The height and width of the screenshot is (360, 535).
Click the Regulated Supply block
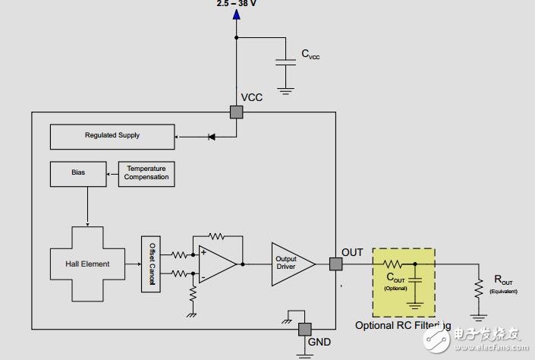click(x=112, y=137)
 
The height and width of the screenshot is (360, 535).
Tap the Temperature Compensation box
click(x=146, y=174)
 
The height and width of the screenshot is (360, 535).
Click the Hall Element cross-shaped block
click(x=87, y=264)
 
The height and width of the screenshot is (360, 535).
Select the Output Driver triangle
click(x=292, y=264)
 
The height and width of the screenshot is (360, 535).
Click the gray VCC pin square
click(x=236, y=112)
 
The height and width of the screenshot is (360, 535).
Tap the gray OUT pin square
click(x=335, y=264)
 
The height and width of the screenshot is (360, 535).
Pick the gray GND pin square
click(x=304, y=330)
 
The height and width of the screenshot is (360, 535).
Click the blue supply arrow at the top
click(x=236, y=14)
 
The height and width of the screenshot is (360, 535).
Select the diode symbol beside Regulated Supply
click(x=212, y=137)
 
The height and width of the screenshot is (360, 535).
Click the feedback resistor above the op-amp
click(x=219, y=237)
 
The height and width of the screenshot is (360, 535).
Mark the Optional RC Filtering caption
click(x=403, y=326)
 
